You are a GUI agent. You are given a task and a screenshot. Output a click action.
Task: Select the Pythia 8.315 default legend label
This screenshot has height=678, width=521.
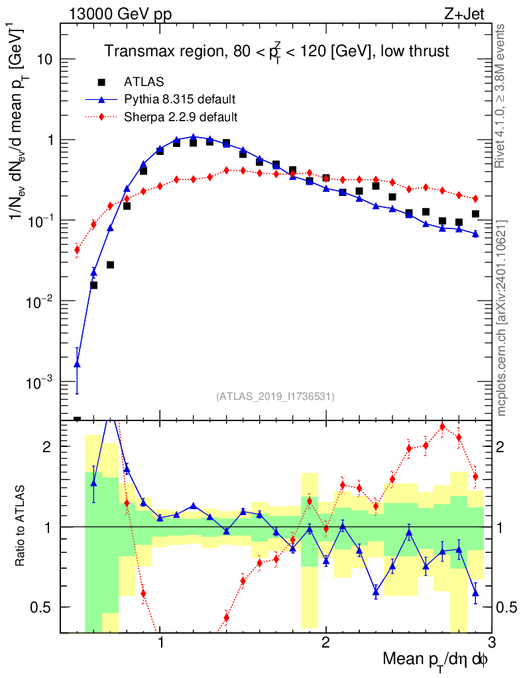pyautogui.click(x=180, y=99)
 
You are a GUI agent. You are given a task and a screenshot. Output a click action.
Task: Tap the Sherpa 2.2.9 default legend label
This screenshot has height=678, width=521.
pyautogui.click(x=180, y=117)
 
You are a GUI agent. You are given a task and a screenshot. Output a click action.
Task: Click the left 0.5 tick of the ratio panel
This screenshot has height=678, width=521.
pyautogui.click(x=45, y=607)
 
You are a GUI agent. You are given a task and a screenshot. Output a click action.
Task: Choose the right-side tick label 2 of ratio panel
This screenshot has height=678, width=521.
pyautogui.click(x=503, y=446)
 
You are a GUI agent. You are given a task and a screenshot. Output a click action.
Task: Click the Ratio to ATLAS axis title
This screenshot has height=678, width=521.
pyautogui.click(x=22, y=526)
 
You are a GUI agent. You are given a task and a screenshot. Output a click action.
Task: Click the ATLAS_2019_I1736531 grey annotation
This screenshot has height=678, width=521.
pyautogui.click(x=275, y=397)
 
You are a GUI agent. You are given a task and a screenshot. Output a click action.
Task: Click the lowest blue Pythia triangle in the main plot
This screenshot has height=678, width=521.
pyautogui.click(x=77, y=363)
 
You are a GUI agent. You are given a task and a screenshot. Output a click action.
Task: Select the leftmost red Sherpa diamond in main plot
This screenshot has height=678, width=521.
pyautogui.click(x=77, y=250)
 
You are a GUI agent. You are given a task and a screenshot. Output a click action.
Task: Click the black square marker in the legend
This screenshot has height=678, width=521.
pyautogui.click(x=101, y=82)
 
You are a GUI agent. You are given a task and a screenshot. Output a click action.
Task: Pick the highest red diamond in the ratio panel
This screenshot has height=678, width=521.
pyautogui.click(x=442, y=426)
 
